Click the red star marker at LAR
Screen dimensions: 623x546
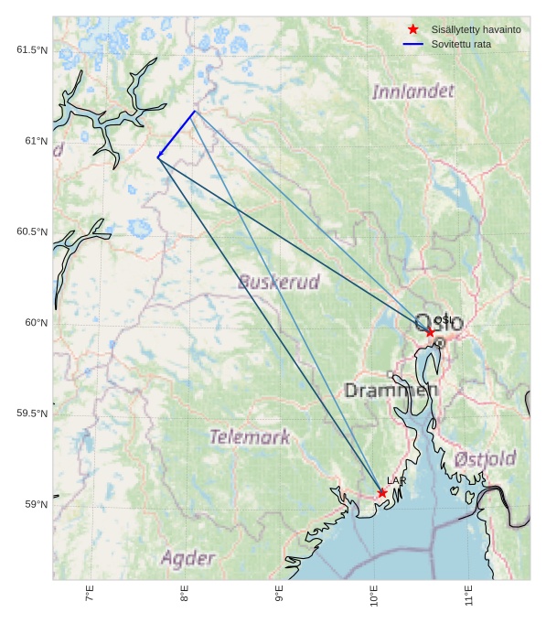(382, 493)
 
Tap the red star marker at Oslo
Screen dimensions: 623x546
(430, 332)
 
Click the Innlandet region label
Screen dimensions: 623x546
(413, 91)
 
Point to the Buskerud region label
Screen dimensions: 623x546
(279, 282)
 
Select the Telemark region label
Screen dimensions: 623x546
(250, 437)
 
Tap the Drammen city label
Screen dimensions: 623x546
(391, 391)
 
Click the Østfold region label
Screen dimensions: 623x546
(485, 458)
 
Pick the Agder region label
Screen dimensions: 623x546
(188, 558)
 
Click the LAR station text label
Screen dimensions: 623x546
(396, 480)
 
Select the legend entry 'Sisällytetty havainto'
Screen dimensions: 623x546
(476, 29)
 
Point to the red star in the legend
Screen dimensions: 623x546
(413, 29)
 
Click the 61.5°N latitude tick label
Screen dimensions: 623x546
(32, 49)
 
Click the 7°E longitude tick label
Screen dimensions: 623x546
(90, 596)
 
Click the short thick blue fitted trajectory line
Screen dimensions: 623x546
(177, 134)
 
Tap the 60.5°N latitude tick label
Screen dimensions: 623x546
(32, 231)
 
